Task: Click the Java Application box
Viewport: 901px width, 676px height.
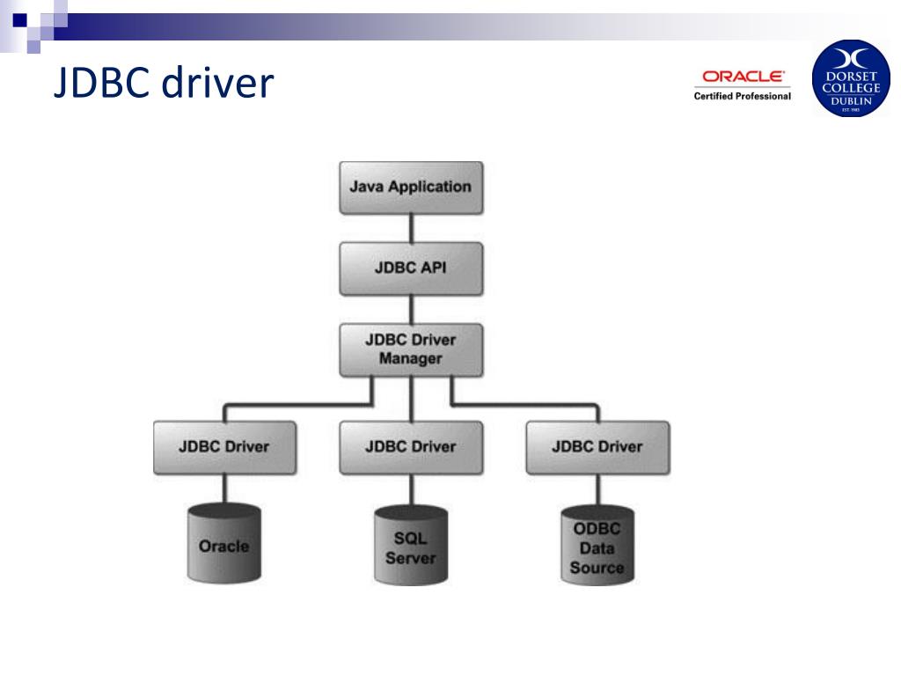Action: tap(410, 187)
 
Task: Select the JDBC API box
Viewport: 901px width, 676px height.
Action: tap(410, 268)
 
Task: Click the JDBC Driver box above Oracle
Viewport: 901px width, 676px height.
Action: tap(223, 446)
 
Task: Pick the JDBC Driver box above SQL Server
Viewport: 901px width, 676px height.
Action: tap(410, 446)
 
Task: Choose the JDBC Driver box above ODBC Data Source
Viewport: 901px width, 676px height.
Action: tap(597, 446)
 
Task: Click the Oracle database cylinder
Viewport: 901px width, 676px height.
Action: tap(223, 546)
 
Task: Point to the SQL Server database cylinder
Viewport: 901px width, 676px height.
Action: tap(410, 547)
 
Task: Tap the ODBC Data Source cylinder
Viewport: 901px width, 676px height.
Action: tap(597, 547)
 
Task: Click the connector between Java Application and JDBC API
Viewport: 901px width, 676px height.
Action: tap(411, 227)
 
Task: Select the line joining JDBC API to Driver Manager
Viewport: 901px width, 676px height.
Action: tap(411, 308)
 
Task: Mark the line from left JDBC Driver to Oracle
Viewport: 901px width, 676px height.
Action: tap(223, 489)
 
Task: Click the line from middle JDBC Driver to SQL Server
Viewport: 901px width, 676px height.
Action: tap(411, 489)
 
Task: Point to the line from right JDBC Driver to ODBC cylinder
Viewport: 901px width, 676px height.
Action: tap(597, 489)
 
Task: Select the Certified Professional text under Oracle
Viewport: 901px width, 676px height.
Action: tap(742, 96)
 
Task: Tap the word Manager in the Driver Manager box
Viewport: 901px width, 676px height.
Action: tap(410, 358)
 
